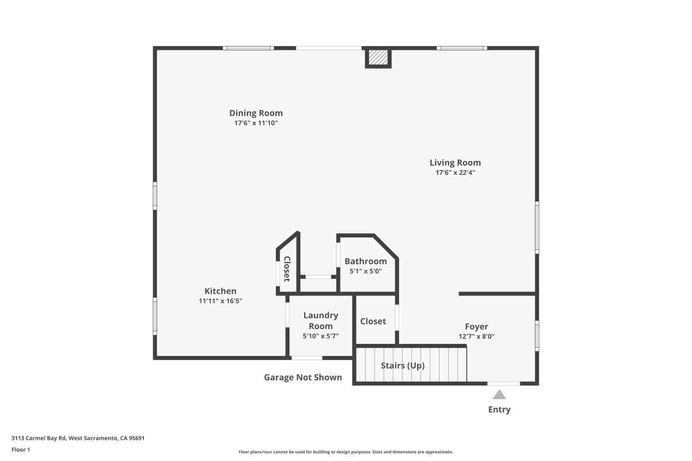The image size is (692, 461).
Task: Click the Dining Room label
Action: tap(256, 113)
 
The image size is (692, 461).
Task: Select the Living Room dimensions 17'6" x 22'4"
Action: tap(455, 172)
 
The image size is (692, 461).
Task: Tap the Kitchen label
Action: tap(220, 291)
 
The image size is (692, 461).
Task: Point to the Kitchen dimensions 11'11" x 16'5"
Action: tap(220, 301)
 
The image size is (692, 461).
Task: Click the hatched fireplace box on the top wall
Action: tap(378, 58)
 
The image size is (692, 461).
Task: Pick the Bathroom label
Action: tap(365, 261)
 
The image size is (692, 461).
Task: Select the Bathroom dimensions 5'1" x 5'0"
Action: tap(365, 271)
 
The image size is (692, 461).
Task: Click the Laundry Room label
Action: tap(321, 320)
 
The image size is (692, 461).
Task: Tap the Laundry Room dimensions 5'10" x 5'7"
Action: tap(321, 336)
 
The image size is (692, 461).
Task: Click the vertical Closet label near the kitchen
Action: tap(286, 269)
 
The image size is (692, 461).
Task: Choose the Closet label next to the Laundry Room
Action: tap(373, 321)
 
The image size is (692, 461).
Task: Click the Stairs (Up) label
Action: tap(402, 366)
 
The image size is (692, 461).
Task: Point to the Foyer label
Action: tap(476, 326)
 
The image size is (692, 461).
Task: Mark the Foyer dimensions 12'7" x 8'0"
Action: tap(476, 337)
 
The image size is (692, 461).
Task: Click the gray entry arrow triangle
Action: tap(499, 395)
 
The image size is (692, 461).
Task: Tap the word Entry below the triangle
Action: tap(499, 409)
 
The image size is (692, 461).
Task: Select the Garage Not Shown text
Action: tap(303, 377)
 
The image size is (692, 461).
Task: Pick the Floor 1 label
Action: tap(21, 449)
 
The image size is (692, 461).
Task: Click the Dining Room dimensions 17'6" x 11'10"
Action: tap(256, 123)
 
